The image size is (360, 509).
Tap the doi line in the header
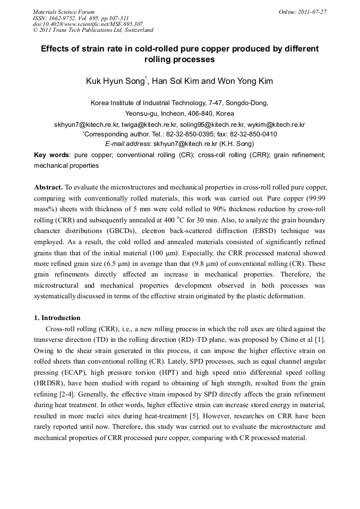[88, 24]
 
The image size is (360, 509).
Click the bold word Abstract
[48, 188]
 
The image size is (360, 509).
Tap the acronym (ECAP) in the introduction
[75, 361]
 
